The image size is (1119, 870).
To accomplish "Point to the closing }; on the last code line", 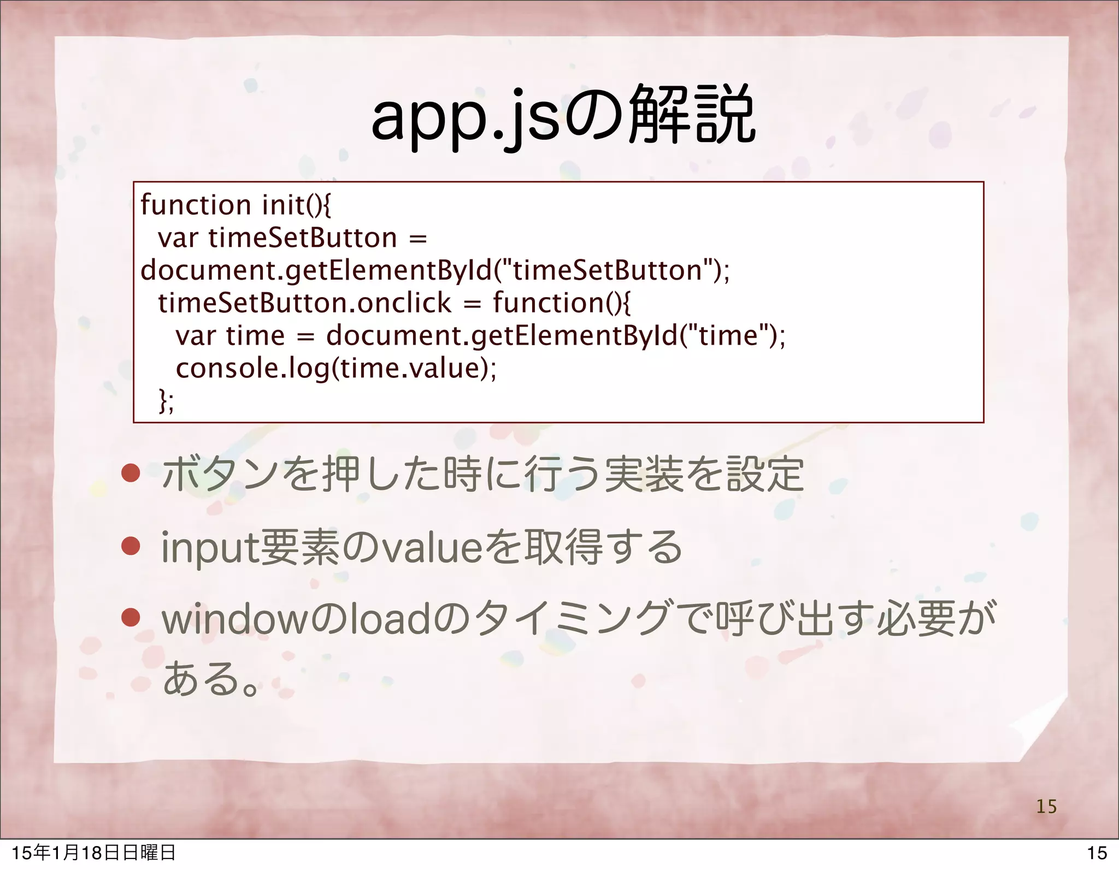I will (166, 401).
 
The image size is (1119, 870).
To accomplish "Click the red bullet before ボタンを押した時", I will (131, 474).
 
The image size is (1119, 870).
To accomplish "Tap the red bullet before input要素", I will (131, 546).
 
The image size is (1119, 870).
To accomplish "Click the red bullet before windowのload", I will (131, 618).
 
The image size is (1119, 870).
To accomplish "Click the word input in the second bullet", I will (210, 548).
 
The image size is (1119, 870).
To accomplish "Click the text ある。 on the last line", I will (210, 678).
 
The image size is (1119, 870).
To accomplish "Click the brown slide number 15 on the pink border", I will (1046, 807).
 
